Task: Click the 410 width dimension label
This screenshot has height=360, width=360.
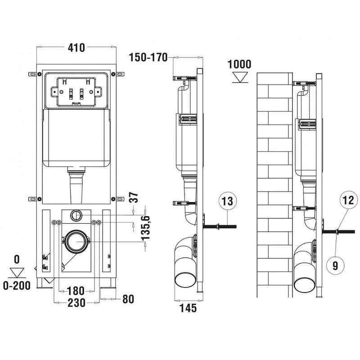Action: point(76,48)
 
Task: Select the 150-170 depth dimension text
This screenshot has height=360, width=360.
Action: point(148,58)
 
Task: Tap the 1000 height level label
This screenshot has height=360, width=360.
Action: point(239,64)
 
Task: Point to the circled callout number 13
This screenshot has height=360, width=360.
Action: point(227,201)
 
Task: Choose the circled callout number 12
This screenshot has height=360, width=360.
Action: point(348,200)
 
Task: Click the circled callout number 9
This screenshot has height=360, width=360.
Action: point(335,265)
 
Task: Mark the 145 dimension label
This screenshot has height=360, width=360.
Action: point(188,308)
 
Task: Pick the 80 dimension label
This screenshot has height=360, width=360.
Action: point(128,299)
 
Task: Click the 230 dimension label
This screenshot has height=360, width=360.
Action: point(76,303)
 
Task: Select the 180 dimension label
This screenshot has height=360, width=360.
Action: point(76,291)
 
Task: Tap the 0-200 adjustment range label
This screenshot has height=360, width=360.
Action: point(17,286)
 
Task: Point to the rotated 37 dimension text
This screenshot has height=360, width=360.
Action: point(134,198)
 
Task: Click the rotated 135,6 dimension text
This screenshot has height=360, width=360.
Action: point(146,228)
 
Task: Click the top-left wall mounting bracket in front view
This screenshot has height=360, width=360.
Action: point(32,74)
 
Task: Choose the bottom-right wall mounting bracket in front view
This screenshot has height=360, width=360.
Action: point(120,199)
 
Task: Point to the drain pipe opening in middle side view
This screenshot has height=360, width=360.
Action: point(185,279)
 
